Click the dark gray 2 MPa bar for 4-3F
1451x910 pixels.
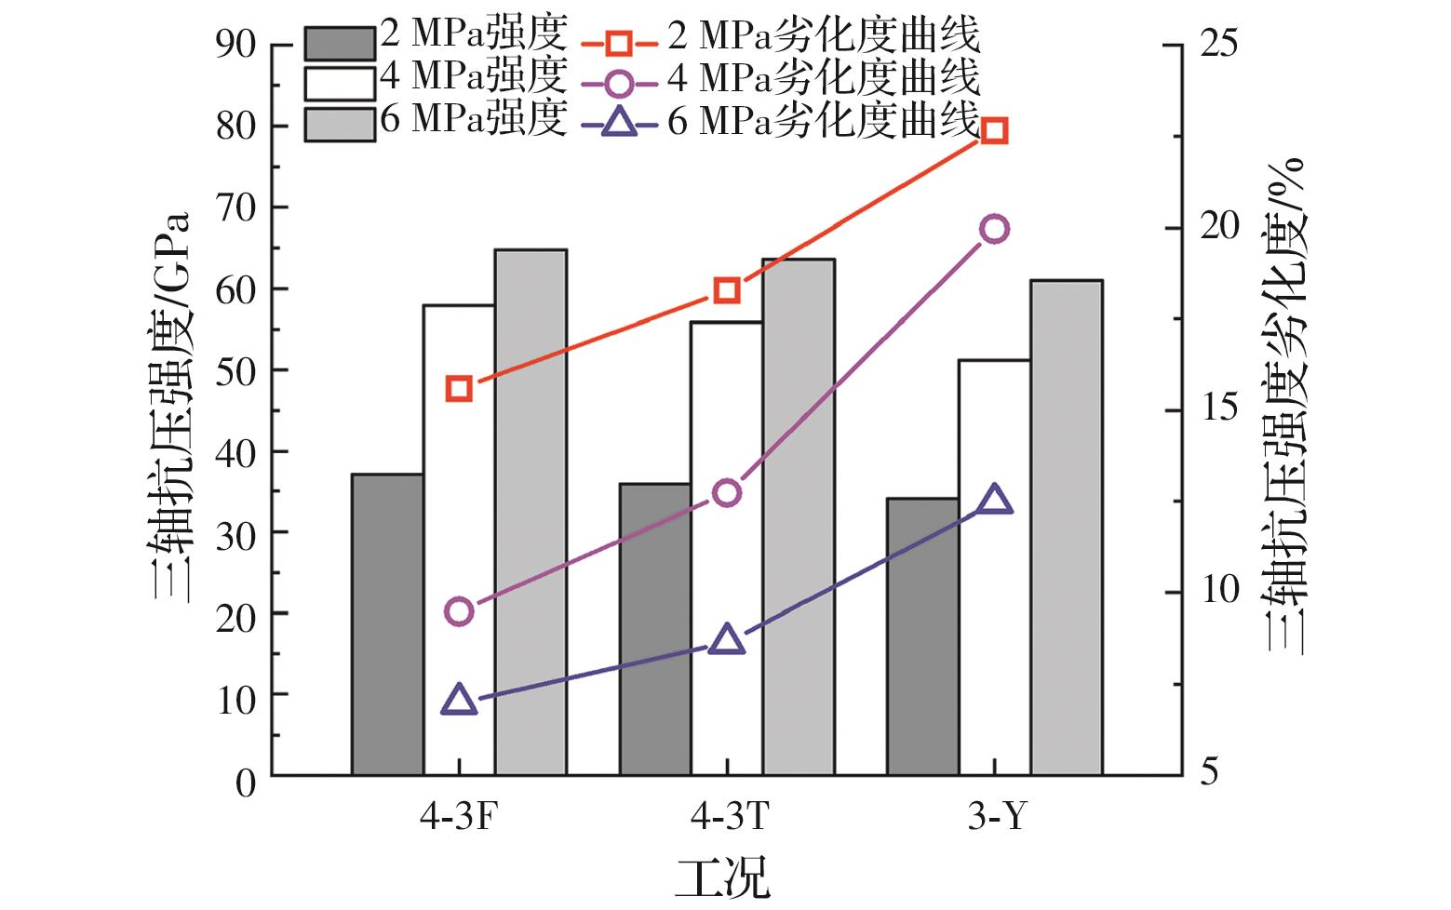point(387,623)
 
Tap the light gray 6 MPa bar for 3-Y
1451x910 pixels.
point(1066,527)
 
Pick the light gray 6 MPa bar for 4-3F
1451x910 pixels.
point(531,512)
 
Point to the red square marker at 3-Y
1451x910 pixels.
point(994,130)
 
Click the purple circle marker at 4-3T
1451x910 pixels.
point(727,492)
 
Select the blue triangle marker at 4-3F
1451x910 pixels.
point(460,701)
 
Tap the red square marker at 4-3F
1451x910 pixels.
point(459,388)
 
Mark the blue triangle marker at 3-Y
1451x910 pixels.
point(994,500)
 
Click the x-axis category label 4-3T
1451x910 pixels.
point(730,817)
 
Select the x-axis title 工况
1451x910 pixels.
point(723,877)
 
